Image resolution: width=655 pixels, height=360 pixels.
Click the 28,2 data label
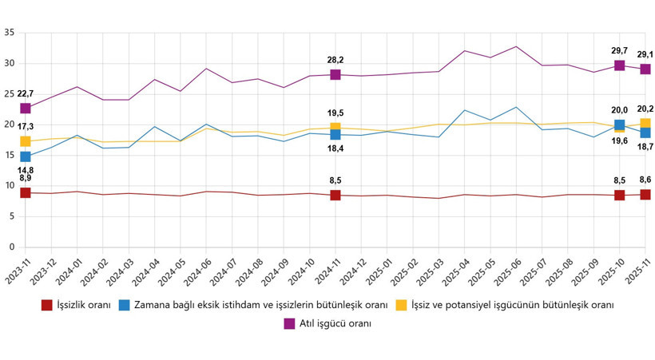point(335,60)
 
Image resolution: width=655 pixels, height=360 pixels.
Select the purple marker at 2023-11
point(26,108)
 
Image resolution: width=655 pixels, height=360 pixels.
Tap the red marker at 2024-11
point(335,195)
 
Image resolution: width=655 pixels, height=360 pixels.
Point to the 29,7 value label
point(619,50)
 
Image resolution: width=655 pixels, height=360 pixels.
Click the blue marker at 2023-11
point(26,156)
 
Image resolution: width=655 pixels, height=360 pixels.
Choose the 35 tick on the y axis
point(10,33)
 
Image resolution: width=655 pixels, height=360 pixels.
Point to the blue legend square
point(125,305)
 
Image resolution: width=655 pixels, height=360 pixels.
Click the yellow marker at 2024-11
point(335,129)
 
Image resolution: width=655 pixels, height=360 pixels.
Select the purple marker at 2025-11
point(645,69)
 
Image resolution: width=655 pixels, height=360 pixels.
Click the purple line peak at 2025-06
point(516,46)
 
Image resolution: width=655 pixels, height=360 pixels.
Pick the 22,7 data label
point(26,94)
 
